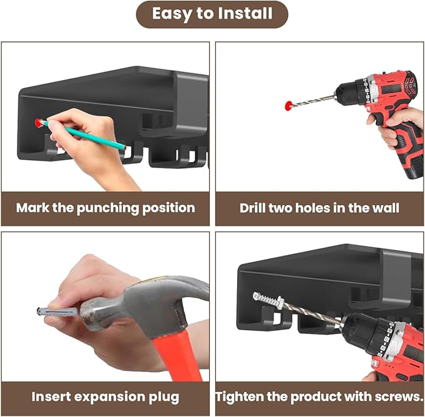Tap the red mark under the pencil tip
[39, 123]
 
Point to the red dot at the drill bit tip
[289, 105]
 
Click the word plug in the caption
[164, 398]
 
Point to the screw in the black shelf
[269, 299]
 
